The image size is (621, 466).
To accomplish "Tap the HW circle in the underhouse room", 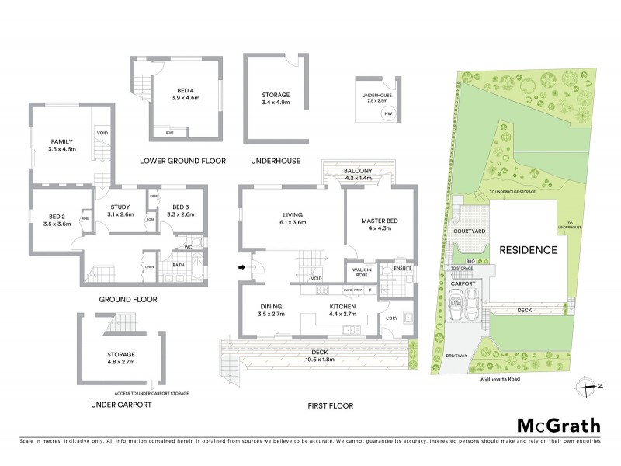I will pyautogui.click(x=387, y=115).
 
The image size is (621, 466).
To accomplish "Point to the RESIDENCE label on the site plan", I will pyautogui.click(x=528, y=251).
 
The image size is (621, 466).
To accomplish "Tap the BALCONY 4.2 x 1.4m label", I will pyautogui.click(x=359, y=174).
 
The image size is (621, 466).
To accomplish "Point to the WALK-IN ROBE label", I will pyautogui.click(x=358, y=272).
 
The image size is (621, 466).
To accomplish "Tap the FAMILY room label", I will pyautogui.click(x=62, y=144).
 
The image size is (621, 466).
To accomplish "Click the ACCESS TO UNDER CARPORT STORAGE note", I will pyautogui.click(x=152, y=393).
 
